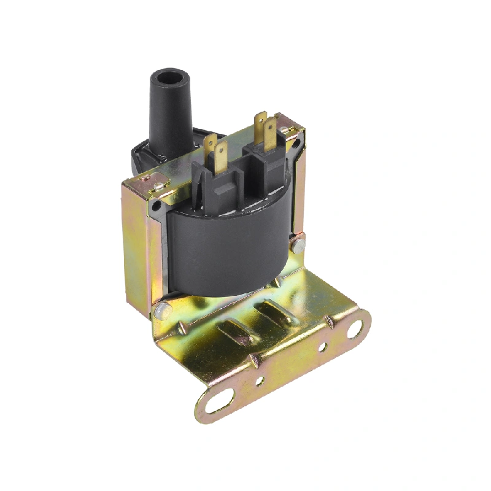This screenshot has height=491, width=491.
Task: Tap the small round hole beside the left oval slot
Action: [x=259, y=381]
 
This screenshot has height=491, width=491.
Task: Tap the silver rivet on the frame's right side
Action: [x=298, y=247]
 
